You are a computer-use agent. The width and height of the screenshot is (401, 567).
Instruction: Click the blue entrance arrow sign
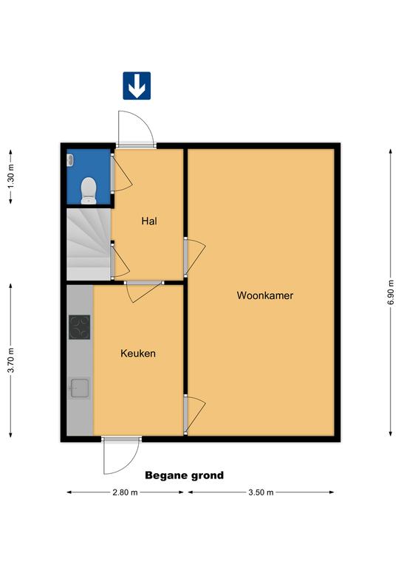click(x=137, y=86)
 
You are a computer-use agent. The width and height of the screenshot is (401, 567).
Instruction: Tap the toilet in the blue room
click(x=89, y=190)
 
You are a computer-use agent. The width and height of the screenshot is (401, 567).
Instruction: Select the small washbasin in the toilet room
click(x=70, y=159)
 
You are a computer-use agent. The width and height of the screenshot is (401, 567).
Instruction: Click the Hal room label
click(x=149, y=221)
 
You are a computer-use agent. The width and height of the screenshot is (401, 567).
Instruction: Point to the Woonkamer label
click(x=264, y=295)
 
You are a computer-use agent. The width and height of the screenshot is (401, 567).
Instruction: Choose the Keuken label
click(x=138, y=354)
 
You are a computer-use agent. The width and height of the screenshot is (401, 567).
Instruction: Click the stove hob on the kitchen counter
click(x=80, y=327)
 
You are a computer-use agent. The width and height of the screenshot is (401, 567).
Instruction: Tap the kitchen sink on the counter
click(x=80, y=388)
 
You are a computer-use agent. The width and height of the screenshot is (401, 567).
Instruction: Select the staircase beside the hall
click(x=89, y=244)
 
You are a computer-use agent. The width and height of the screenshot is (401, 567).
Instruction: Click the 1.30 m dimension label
click(x=11, y=176)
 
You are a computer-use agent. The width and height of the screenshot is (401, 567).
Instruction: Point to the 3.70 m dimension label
click(x=11, y=360)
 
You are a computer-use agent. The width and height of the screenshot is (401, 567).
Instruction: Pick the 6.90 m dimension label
click(x=391, y=292)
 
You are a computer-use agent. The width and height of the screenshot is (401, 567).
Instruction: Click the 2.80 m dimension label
click(x=125, y=492)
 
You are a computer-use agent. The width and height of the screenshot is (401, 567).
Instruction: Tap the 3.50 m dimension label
click(x=261, y=492)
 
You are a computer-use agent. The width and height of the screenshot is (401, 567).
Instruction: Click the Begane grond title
click(x=185, y=475)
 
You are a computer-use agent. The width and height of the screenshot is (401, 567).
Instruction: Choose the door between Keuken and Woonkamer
click(x=195, y=413)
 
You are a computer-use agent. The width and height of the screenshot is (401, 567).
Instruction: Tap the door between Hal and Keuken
click(x=144, y=292)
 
